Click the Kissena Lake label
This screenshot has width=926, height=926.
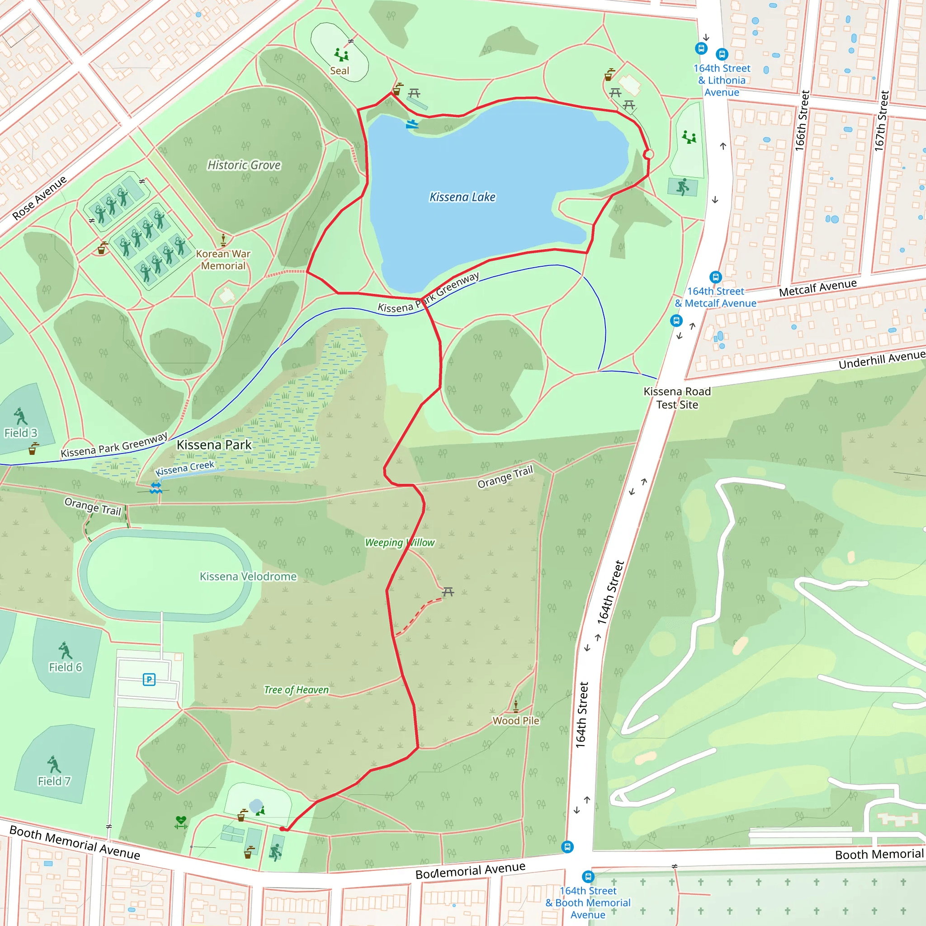[462, 197]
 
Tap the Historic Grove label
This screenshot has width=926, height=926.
[244, 165]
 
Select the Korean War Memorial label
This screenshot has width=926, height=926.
[223, 260]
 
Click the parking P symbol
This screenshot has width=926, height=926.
[149, 679]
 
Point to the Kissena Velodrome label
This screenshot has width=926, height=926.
[248, 576]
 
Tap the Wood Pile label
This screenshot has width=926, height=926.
[516, 720]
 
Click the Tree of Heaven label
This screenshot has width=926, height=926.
[296, 690]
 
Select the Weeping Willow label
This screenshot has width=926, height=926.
[399, 542]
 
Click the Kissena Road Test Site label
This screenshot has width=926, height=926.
[677, 398]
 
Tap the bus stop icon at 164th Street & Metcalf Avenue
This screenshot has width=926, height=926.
[715, 277]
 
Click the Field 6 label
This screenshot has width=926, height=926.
[65, 667]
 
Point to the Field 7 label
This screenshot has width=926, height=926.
[54, 781]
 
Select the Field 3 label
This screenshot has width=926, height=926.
[21, 433]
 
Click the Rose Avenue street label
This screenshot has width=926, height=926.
[39, 198]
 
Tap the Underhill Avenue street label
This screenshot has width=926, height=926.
[881, 359]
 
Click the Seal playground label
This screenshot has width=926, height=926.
[340, 71]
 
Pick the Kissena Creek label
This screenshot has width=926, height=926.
[185, 468]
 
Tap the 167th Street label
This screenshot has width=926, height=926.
[881, 121]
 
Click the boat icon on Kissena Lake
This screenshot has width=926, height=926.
[412, 124]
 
